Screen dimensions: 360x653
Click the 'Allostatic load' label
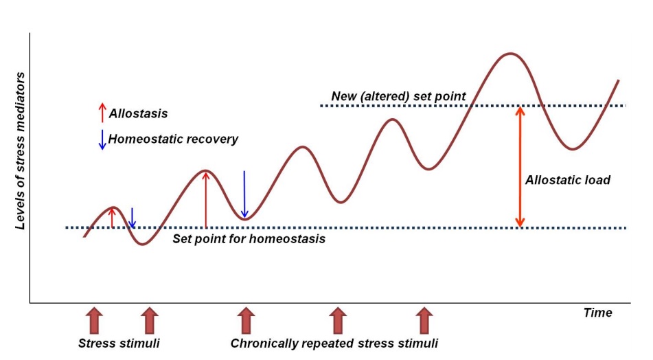567,181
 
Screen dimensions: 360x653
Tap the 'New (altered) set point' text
398,96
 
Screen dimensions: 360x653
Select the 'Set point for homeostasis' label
249,239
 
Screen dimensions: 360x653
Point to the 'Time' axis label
597,313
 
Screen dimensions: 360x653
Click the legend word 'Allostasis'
138,113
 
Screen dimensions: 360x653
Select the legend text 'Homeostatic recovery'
173,139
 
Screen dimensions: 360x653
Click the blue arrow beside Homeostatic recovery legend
102,139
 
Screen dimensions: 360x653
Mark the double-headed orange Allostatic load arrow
520,166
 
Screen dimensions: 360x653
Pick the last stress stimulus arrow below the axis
426,321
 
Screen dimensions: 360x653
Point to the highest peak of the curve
509,53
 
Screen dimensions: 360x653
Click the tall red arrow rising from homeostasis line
205,199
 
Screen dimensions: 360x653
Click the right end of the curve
618,80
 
